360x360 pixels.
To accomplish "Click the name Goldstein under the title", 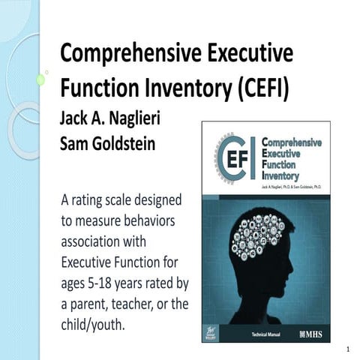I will [122, 143].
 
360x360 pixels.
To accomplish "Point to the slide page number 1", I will [349, 349].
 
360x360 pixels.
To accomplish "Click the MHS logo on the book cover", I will [313, 330].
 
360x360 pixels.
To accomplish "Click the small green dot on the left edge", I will [40, 79].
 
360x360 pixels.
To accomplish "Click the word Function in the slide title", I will [97, 88].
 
